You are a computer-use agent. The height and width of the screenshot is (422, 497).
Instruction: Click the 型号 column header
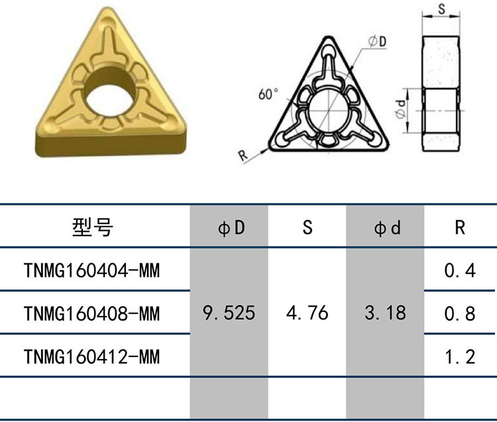point(93,227)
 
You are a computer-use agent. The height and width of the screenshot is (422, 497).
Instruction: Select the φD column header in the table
point(231,227)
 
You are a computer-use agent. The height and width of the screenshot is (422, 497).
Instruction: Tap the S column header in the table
point(307,227)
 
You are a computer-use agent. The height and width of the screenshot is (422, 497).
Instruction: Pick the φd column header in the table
point(387,227)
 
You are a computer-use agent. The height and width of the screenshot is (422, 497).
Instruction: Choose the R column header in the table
point(460,227)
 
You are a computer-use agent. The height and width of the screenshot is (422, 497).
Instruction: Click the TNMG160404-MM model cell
point(91,271)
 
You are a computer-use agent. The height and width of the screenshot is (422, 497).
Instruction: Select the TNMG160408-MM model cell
point(91,313)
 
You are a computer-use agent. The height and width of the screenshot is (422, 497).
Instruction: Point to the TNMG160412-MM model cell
point(91,356)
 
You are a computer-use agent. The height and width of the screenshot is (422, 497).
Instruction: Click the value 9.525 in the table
point(229,313)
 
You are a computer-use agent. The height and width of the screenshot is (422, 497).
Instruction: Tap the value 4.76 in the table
point(307,313)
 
